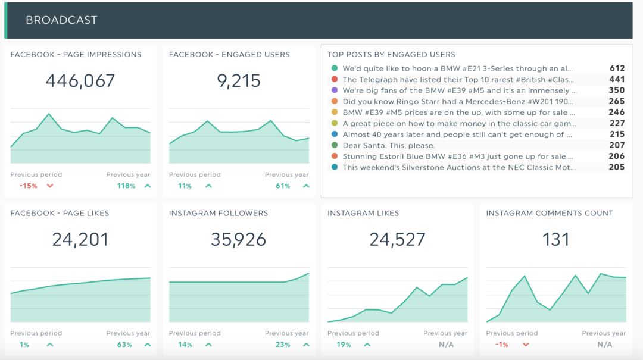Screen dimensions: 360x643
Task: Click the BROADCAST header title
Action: coord(61,20)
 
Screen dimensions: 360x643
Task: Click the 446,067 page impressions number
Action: coord(80,81)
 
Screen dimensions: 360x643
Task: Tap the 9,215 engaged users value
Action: coord(239,81)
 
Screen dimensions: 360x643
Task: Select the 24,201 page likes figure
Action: coord(80,239)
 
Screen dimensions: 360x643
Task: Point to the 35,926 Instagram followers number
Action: coord(239,239)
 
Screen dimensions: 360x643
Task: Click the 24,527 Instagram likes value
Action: coord(397,239)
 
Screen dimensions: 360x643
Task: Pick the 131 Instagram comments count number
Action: coord(555,239)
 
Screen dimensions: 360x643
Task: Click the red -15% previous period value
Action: coord(28,186)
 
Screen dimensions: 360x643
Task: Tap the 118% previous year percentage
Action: coord(126,186)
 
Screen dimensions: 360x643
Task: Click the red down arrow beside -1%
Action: coord(526,345)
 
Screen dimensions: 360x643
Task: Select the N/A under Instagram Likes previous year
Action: coord(446,345)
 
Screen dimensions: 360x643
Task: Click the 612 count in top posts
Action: coord(617,68)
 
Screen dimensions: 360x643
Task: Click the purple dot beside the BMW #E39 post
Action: coord(335,90)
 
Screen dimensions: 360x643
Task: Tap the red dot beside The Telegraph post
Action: coord(335,80)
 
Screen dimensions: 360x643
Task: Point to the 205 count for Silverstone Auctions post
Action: coord(617,167)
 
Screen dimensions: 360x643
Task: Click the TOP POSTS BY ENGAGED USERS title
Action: coord(391,55)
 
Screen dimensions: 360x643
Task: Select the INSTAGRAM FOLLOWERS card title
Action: coord(219,213)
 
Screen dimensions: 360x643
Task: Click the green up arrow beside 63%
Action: coord(148,345)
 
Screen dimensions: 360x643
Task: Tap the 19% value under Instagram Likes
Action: coord(344,345)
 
